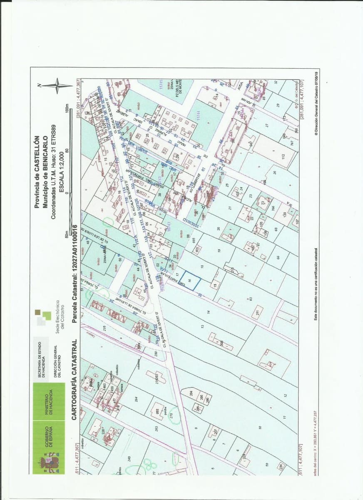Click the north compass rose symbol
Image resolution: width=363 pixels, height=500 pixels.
coord(57,86)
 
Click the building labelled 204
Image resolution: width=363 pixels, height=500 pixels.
coord(191,394)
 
